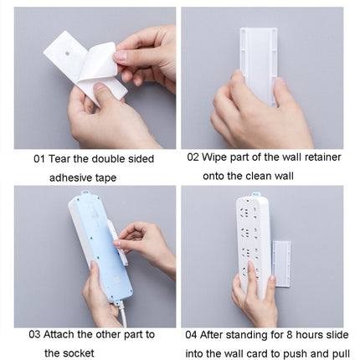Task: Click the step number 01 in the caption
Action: tap(39, 157)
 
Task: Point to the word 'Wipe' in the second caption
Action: tap(217, 156)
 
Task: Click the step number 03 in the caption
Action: tap(34, 334)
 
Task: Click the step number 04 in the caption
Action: tap(192, 334)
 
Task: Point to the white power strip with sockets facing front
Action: tap(250, 243)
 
